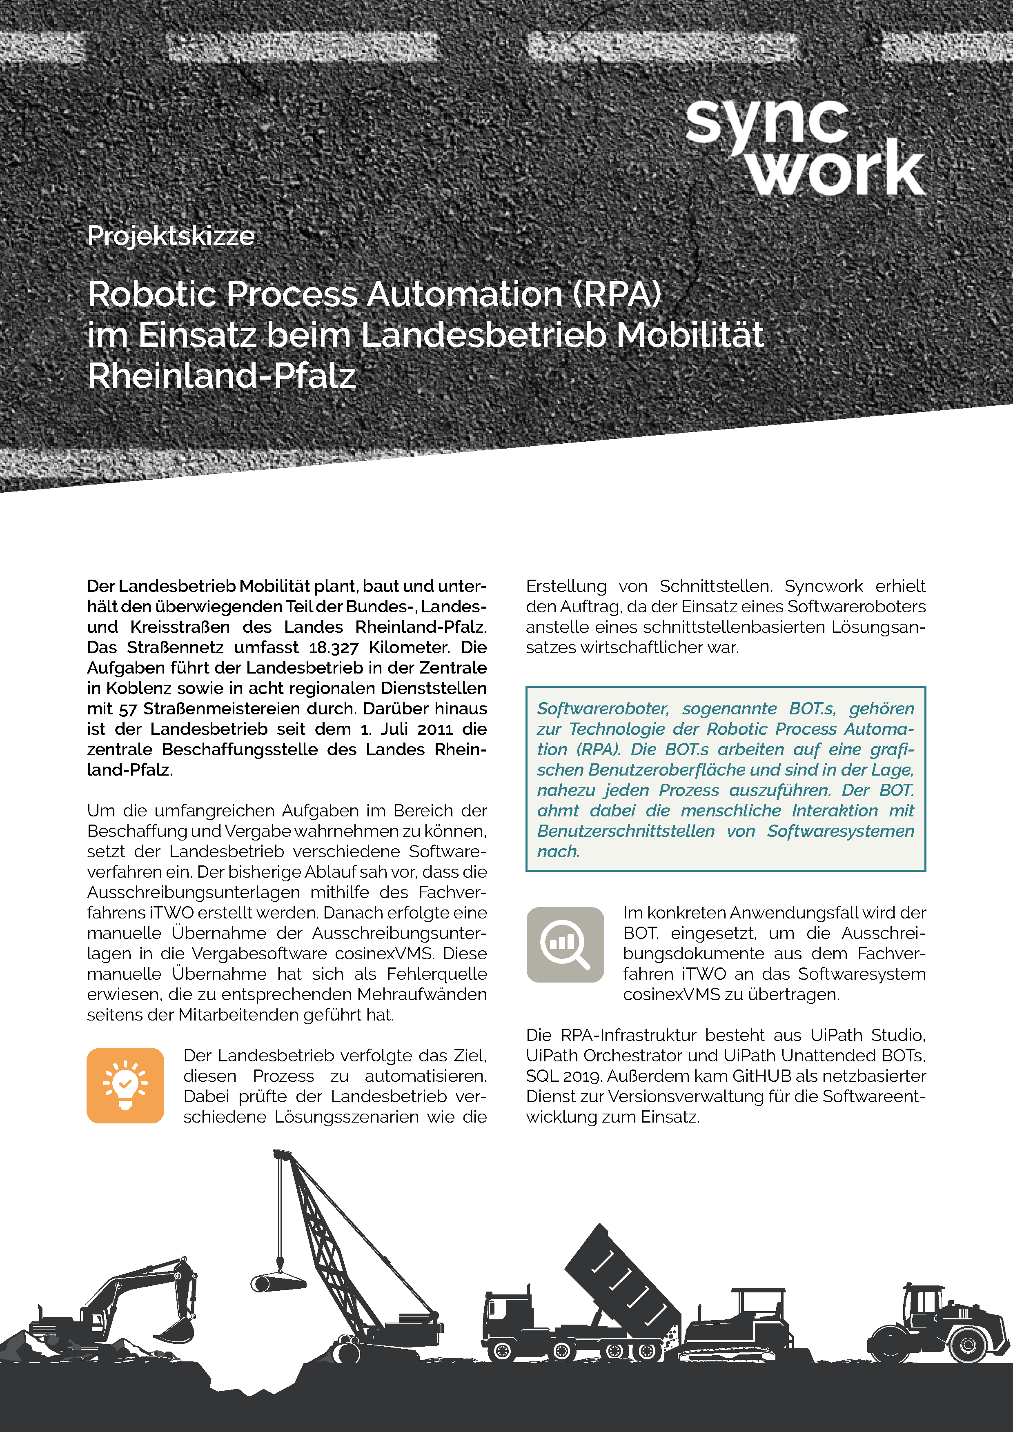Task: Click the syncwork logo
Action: [805, 149]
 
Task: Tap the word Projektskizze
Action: [170, 236]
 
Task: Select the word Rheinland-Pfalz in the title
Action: [221, 376]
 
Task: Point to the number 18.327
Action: [333, 647]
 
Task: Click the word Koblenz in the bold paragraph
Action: [138, 688]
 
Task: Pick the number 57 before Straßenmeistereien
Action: [127, 709]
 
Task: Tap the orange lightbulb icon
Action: [125, 1085]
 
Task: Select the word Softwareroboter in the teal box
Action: [603, 709]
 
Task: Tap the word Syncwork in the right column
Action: [824, 586]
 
